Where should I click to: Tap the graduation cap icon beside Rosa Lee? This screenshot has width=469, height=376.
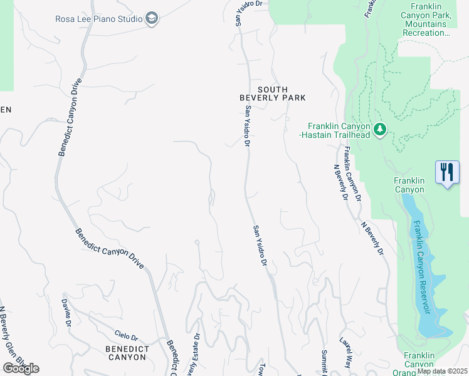(x=152, y=19)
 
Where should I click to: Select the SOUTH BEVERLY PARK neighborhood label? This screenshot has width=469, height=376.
(x=273, y=93)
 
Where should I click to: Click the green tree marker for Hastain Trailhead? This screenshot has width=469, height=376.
(x=379, y=130)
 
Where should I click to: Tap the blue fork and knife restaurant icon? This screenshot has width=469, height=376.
(x=447, y=172)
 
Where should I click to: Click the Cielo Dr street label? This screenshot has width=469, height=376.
(x=125, y=337)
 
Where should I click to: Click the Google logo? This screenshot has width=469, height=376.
(x=21, y=368)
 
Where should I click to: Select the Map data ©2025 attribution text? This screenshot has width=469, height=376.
(x=442, y=371)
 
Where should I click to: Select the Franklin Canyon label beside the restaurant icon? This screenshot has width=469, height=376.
(x=409, y=185)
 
